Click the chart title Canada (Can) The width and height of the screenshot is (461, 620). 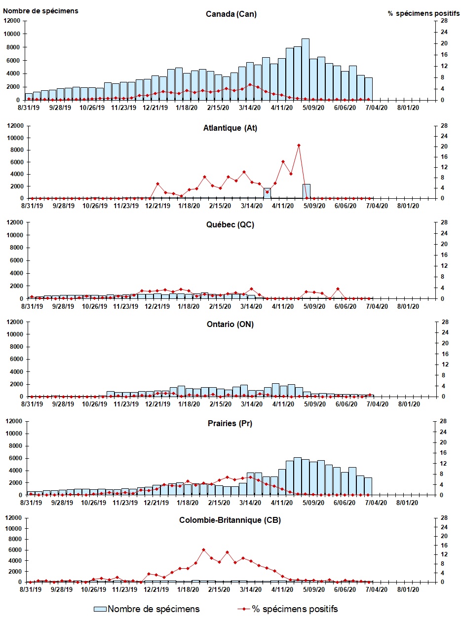coord(231,14)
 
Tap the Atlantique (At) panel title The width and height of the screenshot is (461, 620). coord(230,128)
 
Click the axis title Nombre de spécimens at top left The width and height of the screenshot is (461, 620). coord(40,10)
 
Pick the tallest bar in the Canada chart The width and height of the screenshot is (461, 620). coord(306,69)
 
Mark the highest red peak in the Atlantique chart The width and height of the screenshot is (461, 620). coord(299,145)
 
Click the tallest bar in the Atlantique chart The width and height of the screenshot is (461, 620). coord(306,191)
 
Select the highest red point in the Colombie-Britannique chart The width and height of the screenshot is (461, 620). coord(203,549)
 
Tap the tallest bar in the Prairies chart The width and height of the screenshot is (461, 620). coord(298,476)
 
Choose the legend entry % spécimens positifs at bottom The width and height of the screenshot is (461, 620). coord(295,609)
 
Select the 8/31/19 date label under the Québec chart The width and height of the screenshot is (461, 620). coord(32,306)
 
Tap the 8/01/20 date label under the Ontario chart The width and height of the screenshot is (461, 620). coord(408,404)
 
